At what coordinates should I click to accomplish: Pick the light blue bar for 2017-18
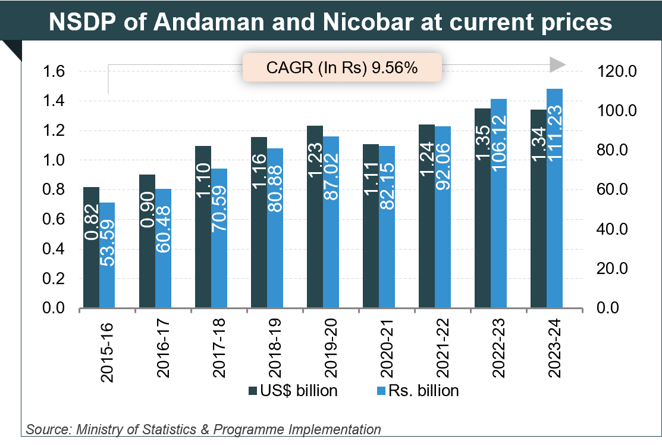coord(219,238)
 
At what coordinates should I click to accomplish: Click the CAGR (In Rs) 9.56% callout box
coord(342,67)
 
